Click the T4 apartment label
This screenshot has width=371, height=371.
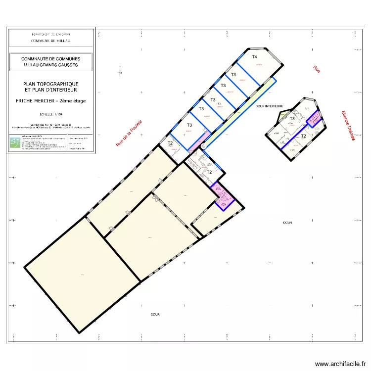[x=255, y=57]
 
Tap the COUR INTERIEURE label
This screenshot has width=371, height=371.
[x=269, y=106]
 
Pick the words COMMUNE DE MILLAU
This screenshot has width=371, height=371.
[x=50, y=41]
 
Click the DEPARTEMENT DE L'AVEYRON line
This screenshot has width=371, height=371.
[x=50, y=34]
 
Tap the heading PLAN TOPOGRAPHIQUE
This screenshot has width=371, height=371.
[x=50, y=84]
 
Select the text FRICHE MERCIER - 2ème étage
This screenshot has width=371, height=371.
[x=50, y=101]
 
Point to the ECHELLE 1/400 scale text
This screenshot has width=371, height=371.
[x=50, y=114]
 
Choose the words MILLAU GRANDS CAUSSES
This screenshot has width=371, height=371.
[x=50, y=65]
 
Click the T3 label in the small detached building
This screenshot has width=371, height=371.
[x=292, y=119]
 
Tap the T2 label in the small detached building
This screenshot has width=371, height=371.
[x=303, y=136]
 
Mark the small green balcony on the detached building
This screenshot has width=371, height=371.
[x=283, y=116]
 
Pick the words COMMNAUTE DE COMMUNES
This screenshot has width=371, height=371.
[x=50, y=58]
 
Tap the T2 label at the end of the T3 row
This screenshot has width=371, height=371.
[x=170, y=143]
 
